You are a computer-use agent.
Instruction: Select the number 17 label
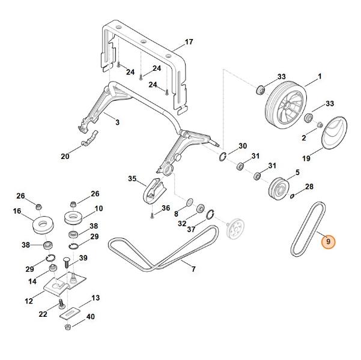(189, 42)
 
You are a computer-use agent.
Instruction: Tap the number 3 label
(117, 122)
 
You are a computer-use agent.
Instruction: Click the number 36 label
(166, 208)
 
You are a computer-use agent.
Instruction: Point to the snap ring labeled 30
(222, 157)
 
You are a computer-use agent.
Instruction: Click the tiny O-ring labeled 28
(292, 195)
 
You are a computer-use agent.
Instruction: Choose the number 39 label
(83, 258)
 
